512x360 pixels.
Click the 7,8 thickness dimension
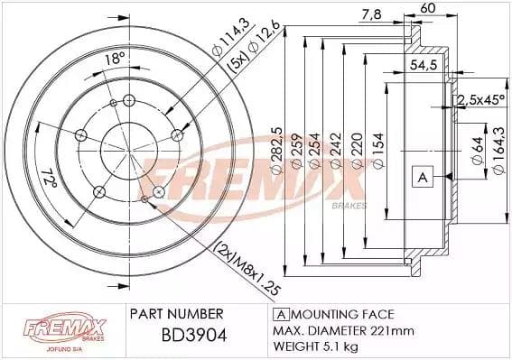click(369, 14)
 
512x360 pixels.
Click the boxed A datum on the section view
click(420, 177)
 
